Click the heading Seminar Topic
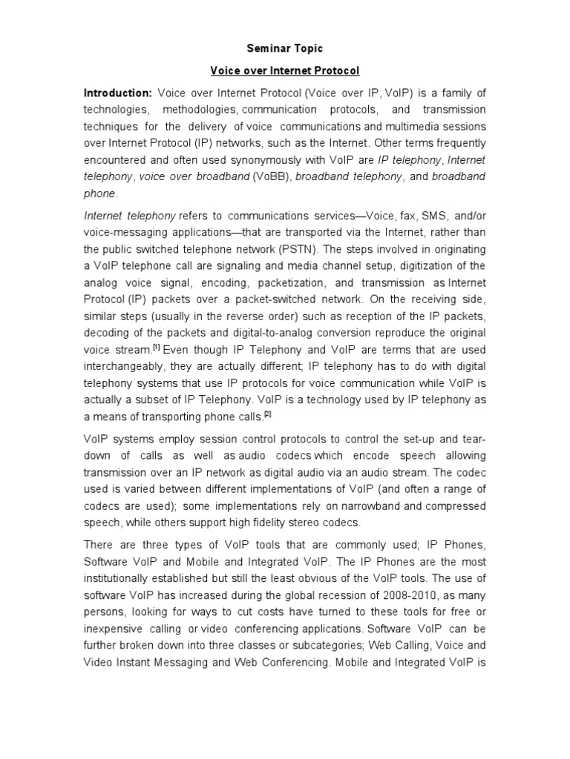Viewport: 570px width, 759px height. click(x=284, y=48)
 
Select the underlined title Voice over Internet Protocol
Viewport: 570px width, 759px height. click(x=285, y=71)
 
